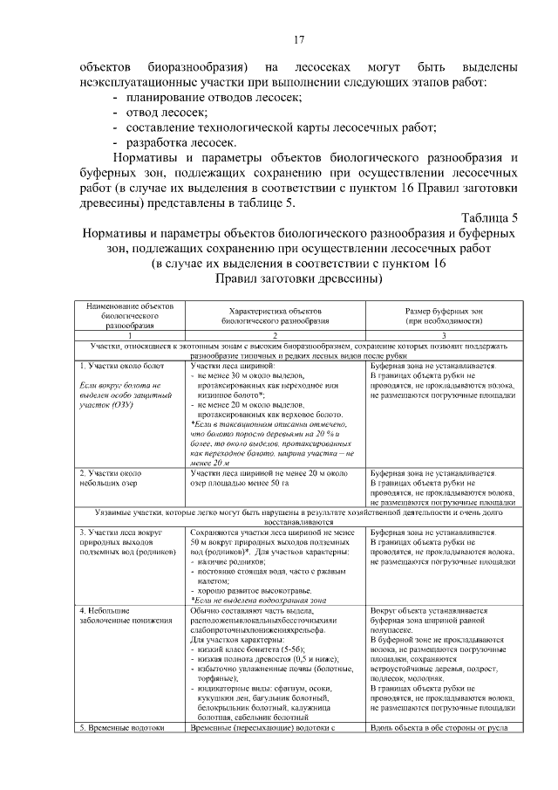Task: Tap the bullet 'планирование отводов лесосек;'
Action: pos(214,97)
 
